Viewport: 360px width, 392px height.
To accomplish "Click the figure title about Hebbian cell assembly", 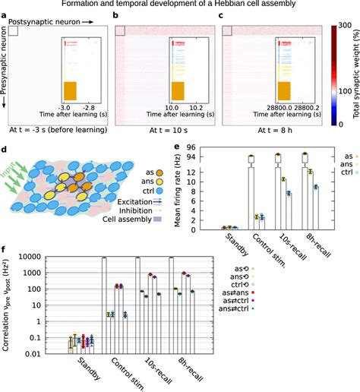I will tap(179, 5).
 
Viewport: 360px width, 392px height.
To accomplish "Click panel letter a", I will tap(6, 15).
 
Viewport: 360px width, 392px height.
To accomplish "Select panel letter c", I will tap(221, 15).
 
